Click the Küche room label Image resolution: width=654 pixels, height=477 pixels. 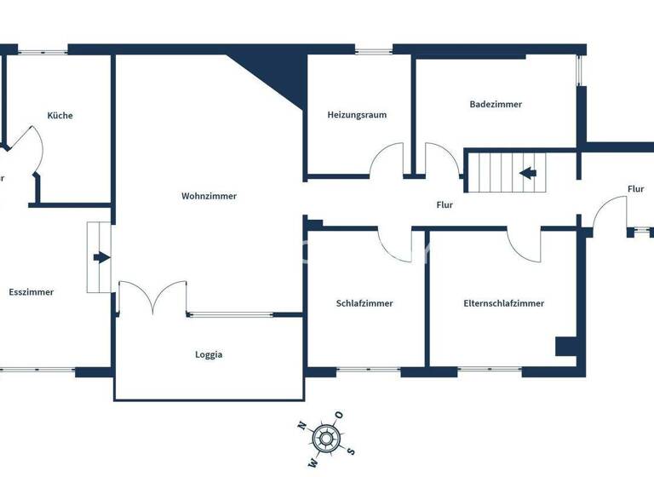(60, 115)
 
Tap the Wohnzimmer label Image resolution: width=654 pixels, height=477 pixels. (209, 196)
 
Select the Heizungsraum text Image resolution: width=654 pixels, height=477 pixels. (357, 115)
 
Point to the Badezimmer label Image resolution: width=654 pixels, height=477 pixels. (496, 104)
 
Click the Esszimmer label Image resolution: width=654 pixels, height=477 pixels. (32, 292)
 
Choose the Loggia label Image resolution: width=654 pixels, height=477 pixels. (209, 355)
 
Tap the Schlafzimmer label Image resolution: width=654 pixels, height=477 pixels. (364, 303)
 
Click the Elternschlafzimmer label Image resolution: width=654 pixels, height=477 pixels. (503, 303)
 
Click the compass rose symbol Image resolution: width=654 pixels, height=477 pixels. (324, 439)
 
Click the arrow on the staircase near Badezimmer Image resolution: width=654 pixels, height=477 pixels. (527, 174)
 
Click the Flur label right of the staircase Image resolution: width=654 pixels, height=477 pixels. (635, 189)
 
